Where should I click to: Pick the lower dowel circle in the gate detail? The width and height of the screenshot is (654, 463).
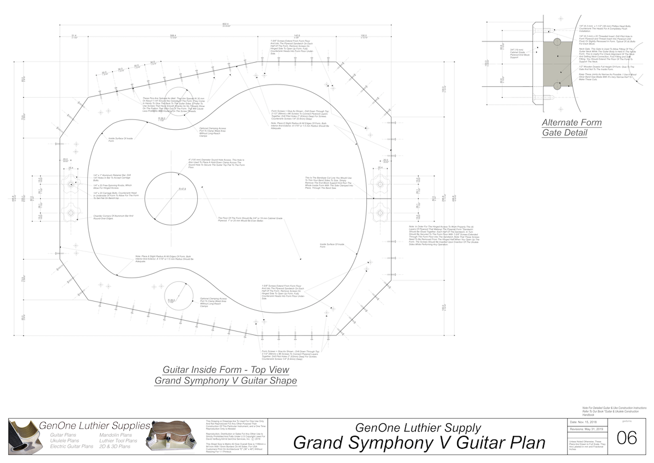point(556,86)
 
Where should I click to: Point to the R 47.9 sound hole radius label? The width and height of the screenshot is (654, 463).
point(181,189)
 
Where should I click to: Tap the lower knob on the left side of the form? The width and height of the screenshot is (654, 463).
point(71,212)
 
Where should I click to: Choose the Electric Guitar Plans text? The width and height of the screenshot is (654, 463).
point(70,447)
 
